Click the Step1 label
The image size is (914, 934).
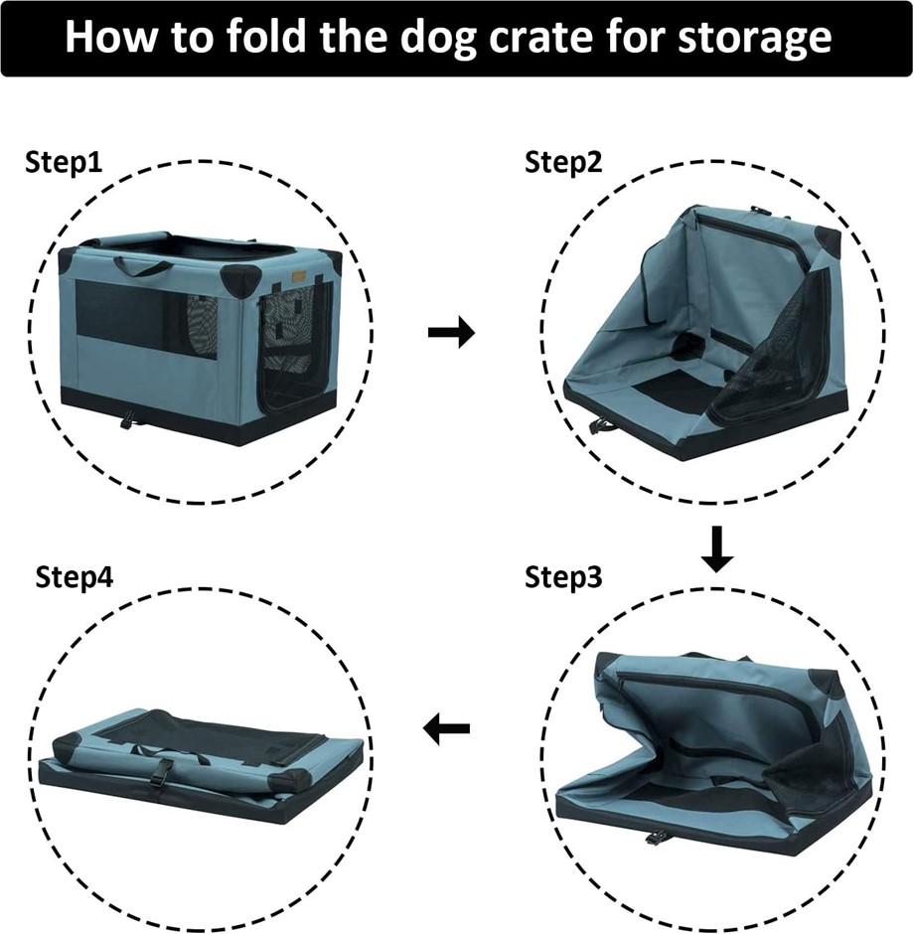click(64, 162)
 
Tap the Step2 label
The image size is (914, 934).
click(563, 162)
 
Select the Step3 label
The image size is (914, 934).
click(563, 577)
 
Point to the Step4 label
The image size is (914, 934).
click(74, 577)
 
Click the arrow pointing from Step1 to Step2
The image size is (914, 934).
click(451, 332)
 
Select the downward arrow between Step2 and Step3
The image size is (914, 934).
click(717, 548)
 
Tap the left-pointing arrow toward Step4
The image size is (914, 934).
click(446, 728)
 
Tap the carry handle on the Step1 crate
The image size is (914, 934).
click(142, 266)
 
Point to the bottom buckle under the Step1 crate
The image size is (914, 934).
click(128, 421)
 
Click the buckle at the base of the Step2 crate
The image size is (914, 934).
click(598, 425)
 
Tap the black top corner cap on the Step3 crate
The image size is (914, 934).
click(825, 682)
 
